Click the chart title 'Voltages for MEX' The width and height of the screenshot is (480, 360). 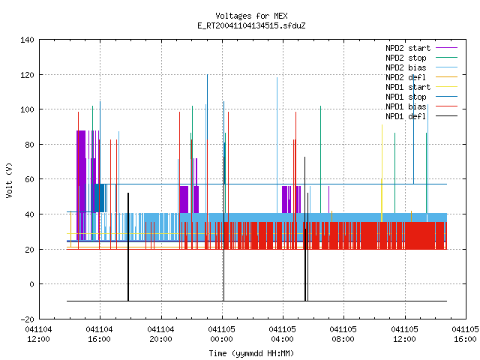pos(251,16)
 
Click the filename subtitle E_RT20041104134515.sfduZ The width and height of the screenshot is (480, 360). pos(251,25)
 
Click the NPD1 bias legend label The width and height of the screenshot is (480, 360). pos(406,106)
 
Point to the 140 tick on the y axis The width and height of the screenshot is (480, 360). pos(27,40)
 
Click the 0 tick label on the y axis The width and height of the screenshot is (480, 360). pos(31,284)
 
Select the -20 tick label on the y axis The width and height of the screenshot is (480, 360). pos(27,319)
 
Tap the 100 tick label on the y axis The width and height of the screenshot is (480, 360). pos(27,109)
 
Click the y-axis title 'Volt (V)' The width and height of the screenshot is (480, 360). pos(9,180)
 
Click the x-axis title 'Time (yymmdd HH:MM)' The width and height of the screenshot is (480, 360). pos(251,353)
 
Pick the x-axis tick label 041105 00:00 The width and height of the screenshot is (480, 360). pos(222,334)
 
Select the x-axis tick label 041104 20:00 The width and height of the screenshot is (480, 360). pos(160,334)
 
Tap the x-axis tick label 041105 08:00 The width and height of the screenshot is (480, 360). pos(343,334)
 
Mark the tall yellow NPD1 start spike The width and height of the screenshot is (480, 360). pos(382,173)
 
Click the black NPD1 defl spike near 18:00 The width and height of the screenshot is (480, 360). pos(128,247)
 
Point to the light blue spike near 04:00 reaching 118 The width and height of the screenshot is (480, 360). pos(277,145)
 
